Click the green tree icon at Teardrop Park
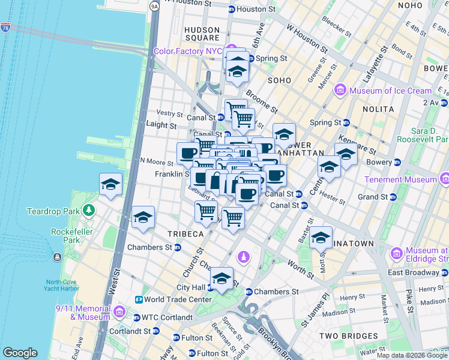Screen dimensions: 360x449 click(x=89, y=210)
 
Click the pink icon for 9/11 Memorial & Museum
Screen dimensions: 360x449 click(x=119, y=311)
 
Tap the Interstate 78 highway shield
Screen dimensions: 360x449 click(x=6, y=27)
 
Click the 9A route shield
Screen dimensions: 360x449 click(x=154, y=6)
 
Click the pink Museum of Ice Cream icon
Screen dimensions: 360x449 click(x=340, y=91)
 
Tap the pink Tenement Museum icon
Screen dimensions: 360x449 click(x=444, y=179)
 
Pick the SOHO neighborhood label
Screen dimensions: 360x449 click(x=279, y=80)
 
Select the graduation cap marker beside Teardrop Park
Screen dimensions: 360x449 click(x=111, y=185)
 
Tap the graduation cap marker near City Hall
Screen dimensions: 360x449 click(x=221, y=279)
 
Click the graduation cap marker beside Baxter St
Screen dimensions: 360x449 click(x=321, y=238)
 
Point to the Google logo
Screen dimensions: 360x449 click(x=20, y=353)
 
